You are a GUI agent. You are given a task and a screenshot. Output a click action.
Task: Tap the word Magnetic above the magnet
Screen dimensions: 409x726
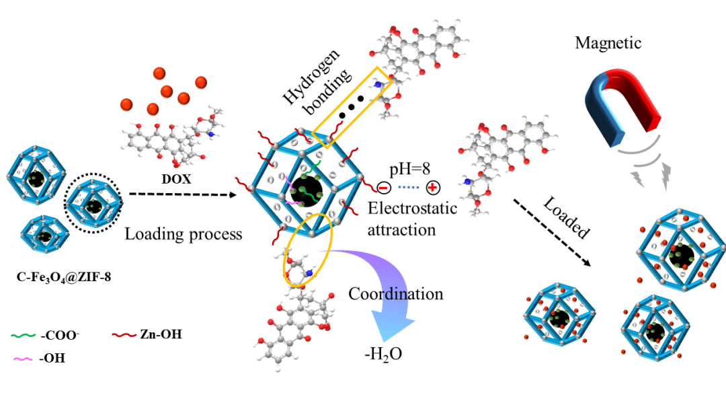point(608,44)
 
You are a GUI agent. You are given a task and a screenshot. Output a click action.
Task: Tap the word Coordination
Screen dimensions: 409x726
point(396,294)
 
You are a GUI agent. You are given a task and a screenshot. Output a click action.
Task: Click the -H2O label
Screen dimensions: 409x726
point(384,352)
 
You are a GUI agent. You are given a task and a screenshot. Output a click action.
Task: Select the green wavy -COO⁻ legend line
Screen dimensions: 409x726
point(24,334)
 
